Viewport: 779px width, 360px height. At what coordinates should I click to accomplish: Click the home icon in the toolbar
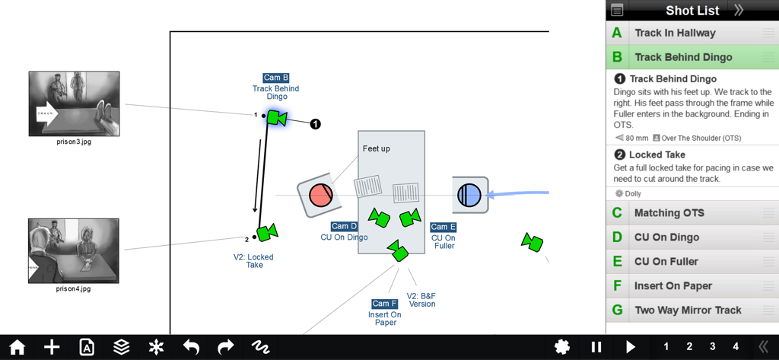click(17, 347)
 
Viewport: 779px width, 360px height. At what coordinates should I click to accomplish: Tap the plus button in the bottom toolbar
click(52, 347)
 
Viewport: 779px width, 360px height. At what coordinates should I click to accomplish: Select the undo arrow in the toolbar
click(191, 347)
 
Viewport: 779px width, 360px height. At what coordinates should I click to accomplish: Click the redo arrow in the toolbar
click(226, 347)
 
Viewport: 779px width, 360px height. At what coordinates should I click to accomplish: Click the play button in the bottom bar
click(631, 347)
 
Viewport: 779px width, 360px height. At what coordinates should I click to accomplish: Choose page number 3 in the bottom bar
click(713, 347)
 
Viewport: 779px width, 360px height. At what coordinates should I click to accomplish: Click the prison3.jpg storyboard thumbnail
click(74, 104)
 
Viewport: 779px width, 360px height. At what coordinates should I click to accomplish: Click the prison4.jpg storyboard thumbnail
click(74, 251)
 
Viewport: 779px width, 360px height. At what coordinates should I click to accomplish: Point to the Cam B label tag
click(276, 78)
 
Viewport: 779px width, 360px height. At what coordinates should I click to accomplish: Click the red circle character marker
click(321, 196)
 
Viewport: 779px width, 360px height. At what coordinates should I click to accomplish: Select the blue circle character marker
click(469, 196)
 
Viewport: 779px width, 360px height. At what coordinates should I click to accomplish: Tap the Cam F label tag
click(385, 304)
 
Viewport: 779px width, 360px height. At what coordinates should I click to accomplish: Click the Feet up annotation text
click(376, 148)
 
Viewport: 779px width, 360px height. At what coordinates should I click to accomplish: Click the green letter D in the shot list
click(617, 237)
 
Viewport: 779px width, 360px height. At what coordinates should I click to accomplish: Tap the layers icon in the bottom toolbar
click(121, 347)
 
